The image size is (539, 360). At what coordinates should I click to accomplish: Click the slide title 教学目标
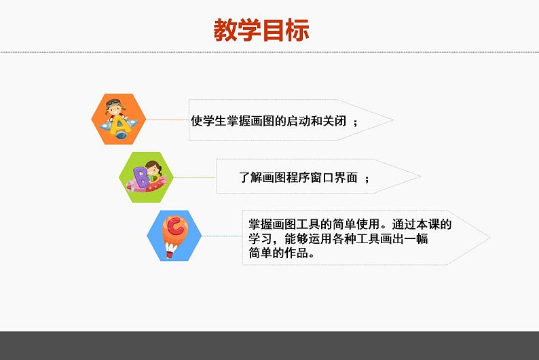tap(261, 31)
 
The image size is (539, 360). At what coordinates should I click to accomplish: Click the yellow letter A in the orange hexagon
tap(121, 126)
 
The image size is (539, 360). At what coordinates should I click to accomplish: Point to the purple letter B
tap(142, 179)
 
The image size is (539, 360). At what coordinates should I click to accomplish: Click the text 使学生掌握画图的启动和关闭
tap(269, 121)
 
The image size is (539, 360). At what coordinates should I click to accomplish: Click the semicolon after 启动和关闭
tap(356, 122)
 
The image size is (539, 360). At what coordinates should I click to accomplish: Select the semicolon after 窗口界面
tap(367, 179)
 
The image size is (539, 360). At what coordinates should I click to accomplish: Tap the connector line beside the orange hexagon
tap(167, 120)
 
